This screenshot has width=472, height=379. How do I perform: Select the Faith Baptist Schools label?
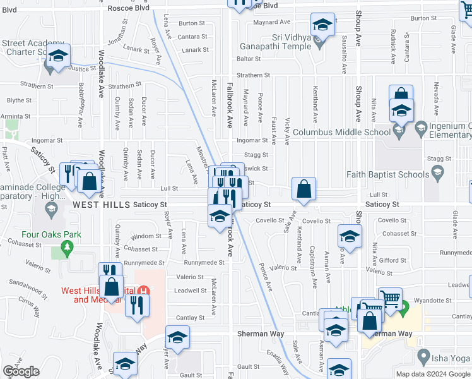(387, 174)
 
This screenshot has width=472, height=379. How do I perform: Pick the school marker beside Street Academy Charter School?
(58, 56)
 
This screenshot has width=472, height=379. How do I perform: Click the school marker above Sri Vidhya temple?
(322, 25)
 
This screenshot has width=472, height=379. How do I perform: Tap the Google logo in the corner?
(21, 371)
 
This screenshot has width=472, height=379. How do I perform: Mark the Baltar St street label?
(249, 58)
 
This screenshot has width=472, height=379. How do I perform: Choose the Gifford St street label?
(392, 260)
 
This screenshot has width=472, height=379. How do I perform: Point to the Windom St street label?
(146, 236)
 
